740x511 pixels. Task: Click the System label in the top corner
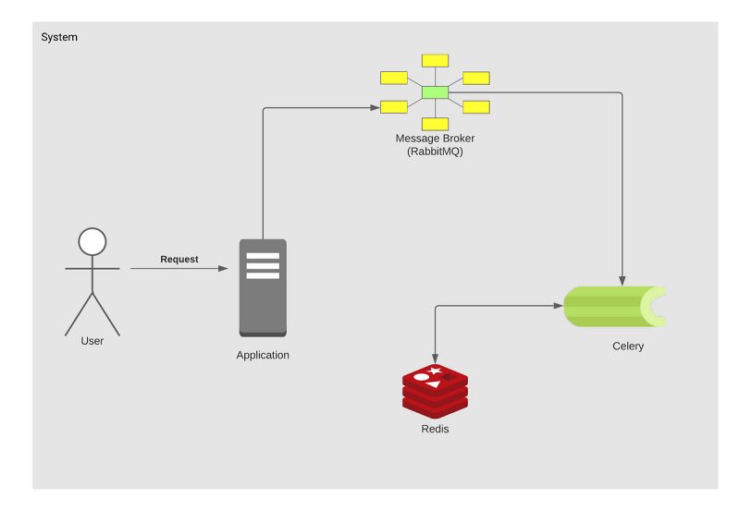(59, 37)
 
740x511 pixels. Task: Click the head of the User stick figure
(92, 242)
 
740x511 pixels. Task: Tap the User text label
(92, 341)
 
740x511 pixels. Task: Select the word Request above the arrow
(179, 259)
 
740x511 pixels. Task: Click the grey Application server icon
(263, 287)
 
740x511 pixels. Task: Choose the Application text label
(263, 355)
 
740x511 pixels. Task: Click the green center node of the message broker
(435, 92)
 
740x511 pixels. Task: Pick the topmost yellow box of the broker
(435, 61)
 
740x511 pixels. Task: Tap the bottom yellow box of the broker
(435, 124)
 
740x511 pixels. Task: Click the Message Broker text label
(435, 139)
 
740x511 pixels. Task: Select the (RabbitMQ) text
(435, 152)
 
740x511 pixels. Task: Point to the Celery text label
(628, 347)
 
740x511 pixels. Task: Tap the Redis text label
(435, 430)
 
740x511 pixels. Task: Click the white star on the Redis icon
(434, 371)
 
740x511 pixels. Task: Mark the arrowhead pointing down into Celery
(622, 281)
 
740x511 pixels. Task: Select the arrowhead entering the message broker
(375, 108)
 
